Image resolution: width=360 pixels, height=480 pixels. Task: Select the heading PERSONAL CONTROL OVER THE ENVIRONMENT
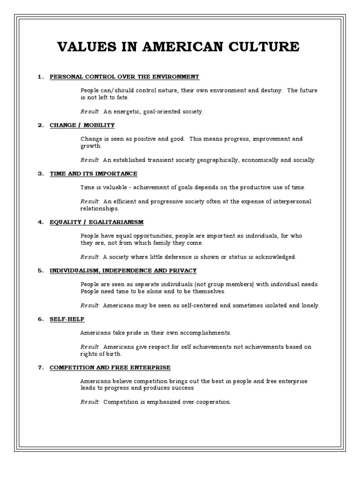tap(124, 76)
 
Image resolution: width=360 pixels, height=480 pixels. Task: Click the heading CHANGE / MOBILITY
tap(82, 125)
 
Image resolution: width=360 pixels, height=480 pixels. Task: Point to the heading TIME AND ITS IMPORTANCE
tap(93, 173)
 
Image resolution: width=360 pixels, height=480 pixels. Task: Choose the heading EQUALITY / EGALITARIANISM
tap(97, 222)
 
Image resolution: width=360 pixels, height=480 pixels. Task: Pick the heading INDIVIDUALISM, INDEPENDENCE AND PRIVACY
tap(123, 270)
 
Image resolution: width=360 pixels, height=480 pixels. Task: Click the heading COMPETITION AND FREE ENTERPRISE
tap(110, 367)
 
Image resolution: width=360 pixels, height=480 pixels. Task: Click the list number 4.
tap(40, 222)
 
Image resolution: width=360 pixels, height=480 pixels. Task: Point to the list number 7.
tap(40, 367)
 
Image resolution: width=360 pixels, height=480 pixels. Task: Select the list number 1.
tap(40, 76)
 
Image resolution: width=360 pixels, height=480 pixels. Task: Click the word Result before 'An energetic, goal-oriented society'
tap(90, 112)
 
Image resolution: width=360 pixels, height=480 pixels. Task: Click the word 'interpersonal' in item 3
tap(292, 201)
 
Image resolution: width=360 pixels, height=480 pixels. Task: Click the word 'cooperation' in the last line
tap(214, 402)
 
